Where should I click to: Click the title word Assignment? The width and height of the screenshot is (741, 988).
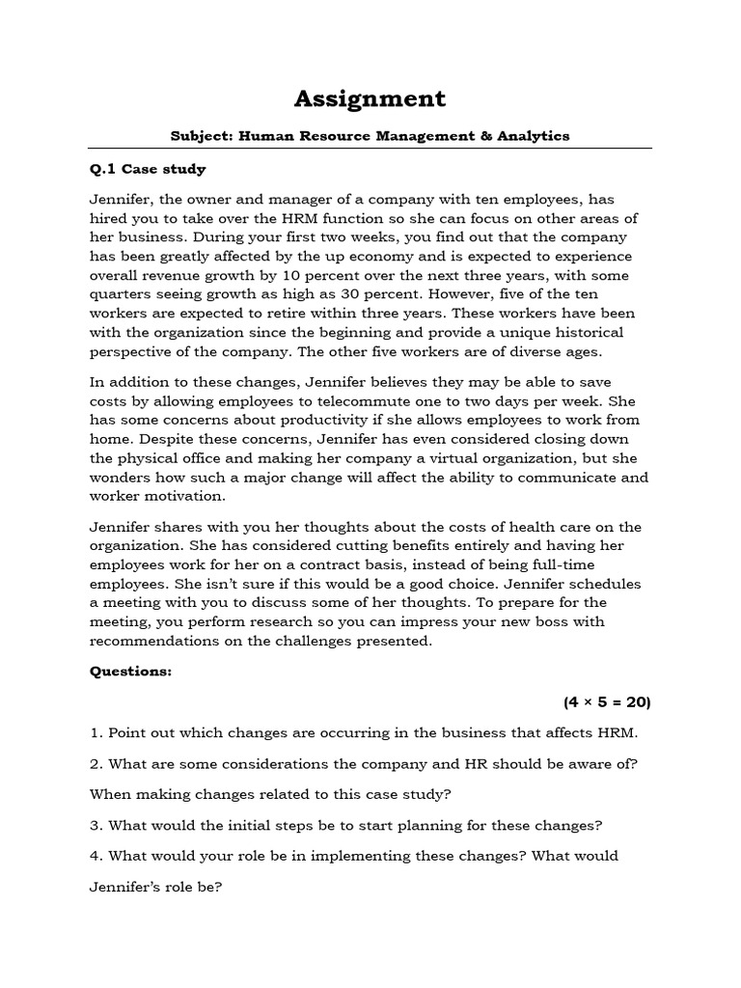(370, 98)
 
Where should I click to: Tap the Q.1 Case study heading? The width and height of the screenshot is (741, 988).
(148, 169)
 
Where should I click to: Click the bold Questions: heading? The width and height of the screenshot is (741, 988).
(130, 672)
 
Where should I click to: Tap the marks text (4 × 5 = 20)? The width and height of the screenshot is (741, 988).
(607, 702)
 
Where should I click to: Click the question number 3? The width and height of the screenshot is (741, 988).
(96, 825)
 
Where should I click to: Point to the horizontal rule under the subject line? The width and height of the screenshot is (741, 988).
(370, 150)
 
